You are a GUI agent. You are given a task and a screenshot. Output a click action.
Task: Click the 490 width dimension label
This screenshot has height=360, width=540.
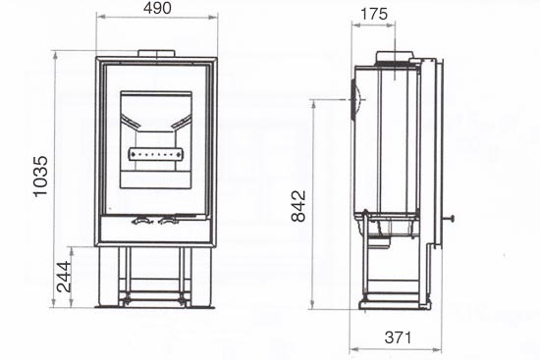coord(157,8)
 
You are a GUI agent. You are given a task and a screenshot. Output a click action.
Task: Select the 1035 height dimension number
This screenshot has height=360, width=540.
coord(40,177)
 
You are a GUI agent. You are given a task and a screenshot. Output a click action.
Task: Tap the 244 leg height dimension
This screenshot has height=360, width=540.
coord(64,277)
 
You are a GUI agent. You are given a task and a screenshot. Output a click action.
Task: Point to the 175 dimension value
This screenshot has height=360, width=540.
coord(374,14)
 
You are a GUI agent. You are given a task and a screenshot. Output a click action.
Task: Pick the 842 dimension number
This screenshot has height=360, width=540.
coord(298,206)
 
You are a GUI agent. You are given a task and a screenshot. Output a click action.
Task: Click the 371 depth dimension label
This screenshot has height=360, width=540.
coord(398,337)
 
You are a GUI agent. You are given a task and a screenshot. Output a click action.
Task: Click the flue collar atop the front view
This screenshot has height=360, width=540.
coord(157,53)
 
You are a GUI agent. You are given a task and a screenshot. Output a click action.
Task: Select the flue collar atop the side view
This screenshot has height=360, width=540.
coord(395,57)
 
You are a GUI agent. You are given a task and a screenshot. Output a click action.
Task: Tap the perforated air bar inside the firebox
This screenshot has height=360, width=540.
coord(156,155)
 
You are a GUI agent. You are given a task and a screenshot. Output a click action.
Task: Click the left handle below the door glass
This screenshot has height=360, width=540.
coord(142,221)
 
